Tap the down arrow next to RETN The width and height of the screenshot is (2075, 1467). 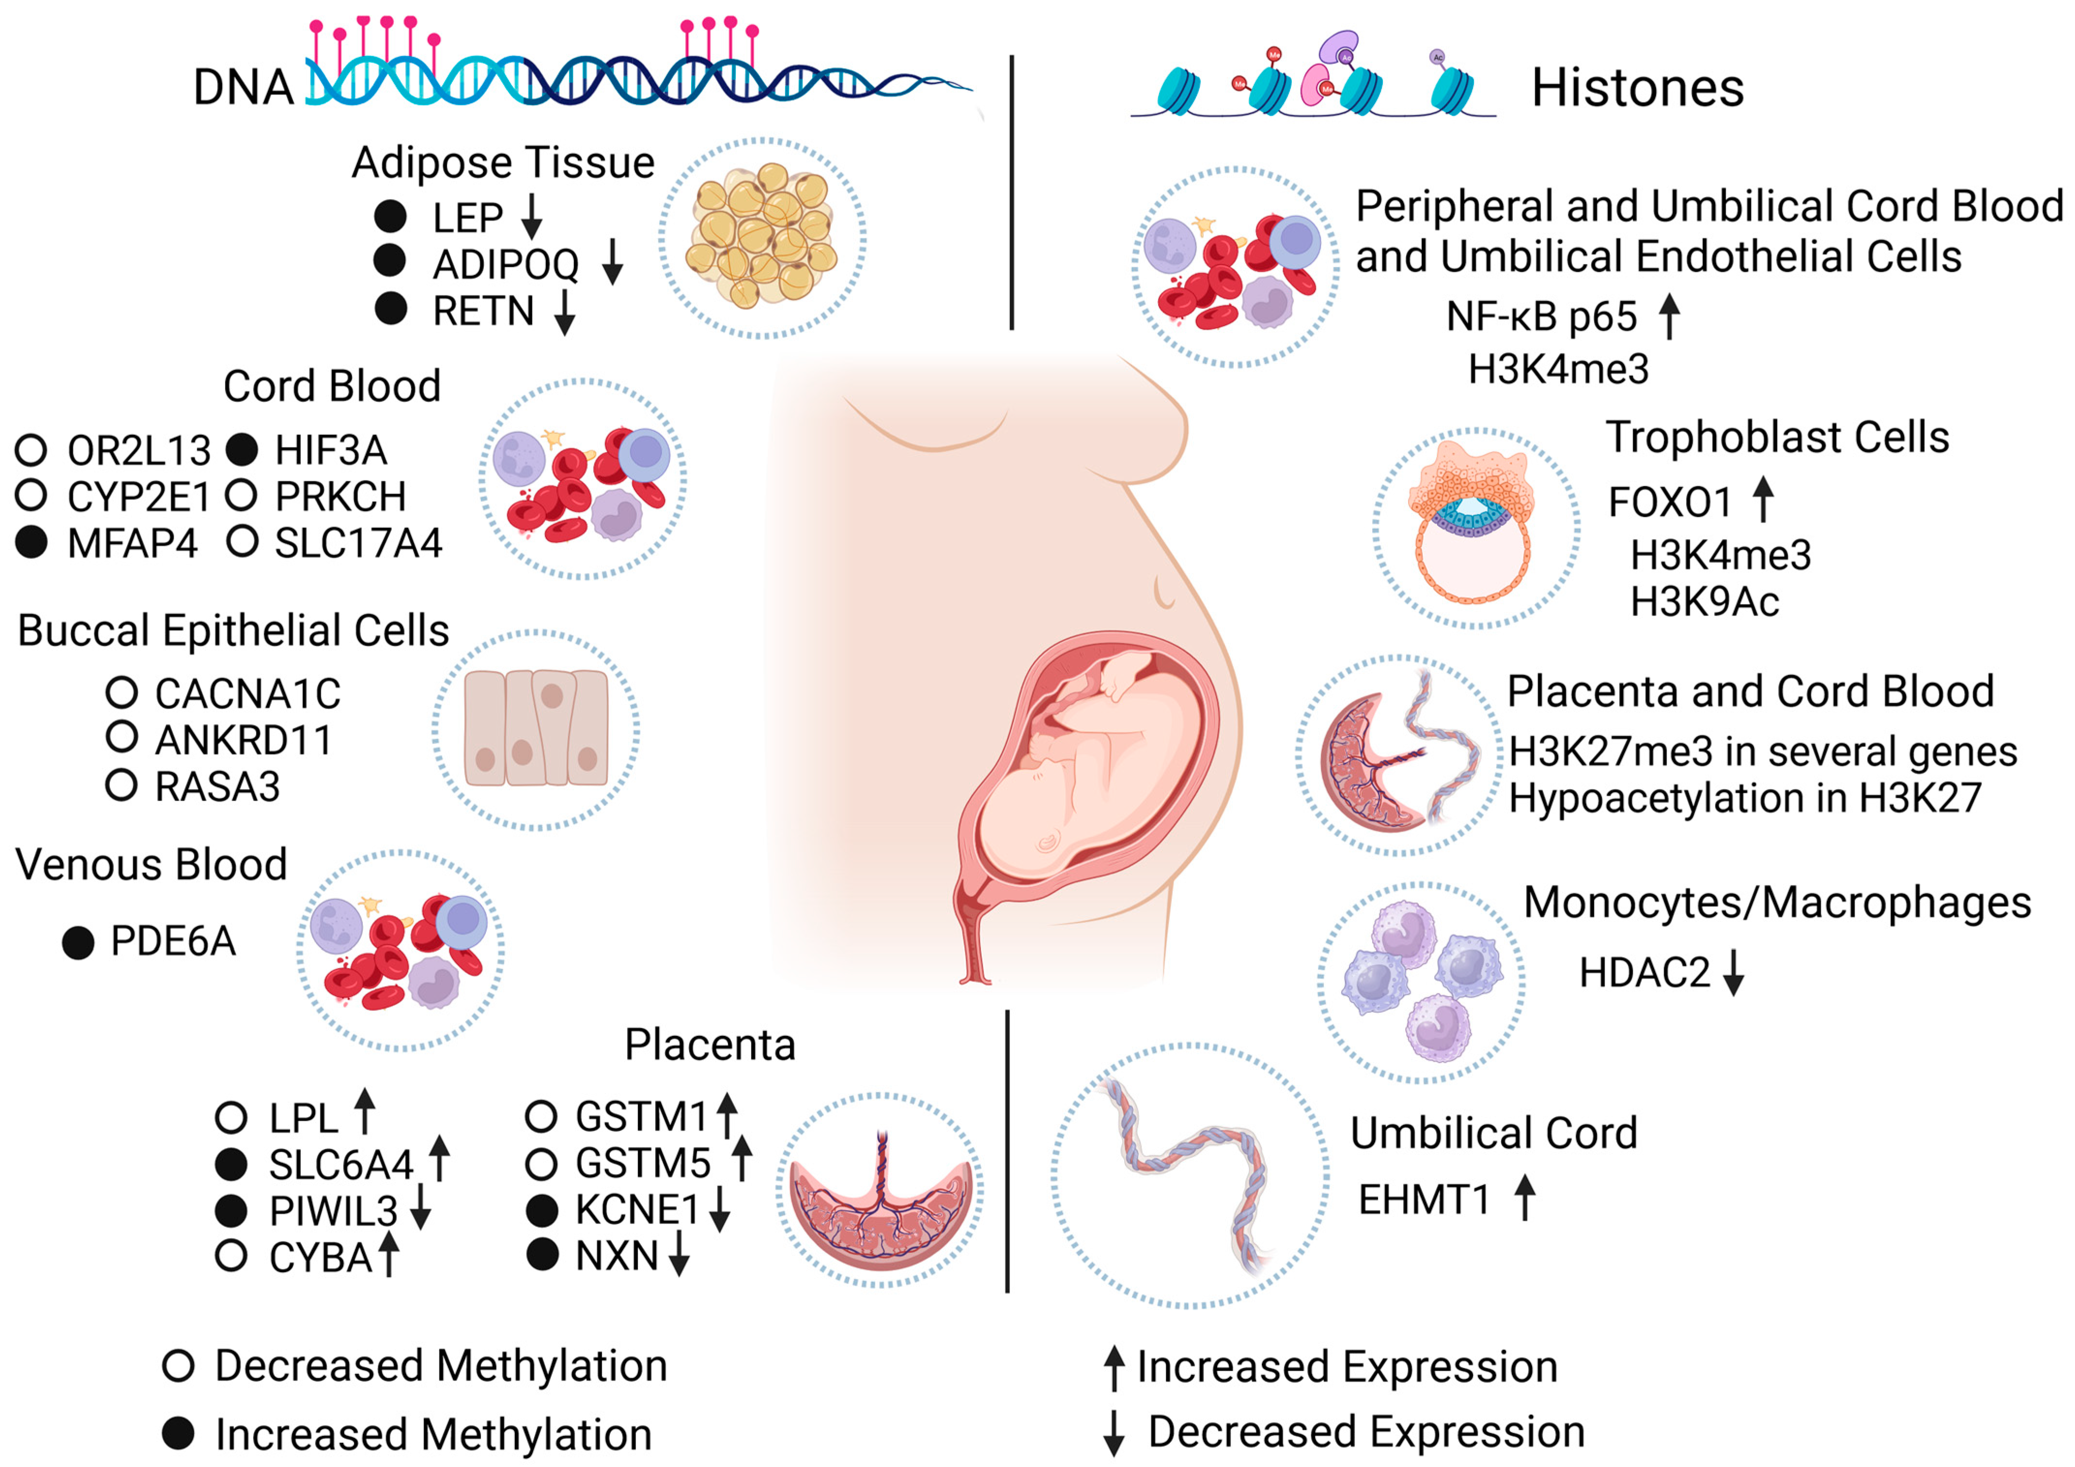pyautogui.click(x=565, y=312)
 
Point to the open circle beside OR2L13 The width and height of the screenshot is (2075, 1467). pyautogui.click(x=31, y=449)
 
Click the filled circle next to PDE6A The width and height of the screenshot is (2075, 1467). pyautogui.click(x=78, y=943)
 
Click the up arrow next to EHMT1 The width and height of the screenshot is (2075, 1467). pyautogui.click(x=1525, y=1198)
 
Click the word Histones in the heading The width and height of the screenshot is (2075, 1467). pyautogui.click(x=1637, y=89)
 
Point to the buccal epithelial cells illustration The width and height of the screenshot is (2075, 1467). pyautogui.click(x=536, y=728)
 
